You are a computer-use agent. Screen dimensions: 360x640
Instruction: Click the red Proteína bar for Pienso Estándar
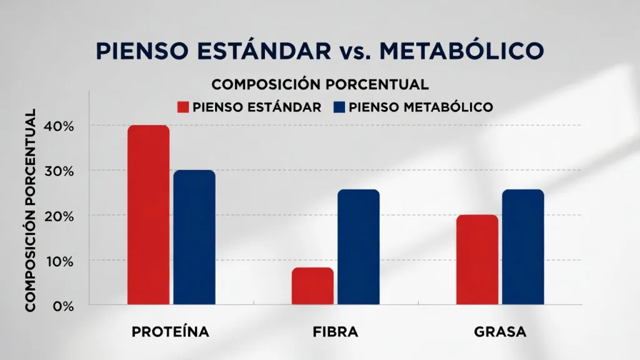148,215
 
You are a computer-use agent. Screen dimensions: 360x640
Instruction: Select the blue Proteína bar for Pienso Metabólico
194,237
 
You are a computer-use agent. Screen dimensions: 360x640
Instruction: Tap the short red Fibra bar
312,286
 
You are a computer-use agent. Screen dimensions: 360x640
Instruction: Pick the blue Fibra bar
359,247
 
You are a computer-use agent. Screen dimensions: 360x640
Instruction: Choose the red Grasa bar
477,260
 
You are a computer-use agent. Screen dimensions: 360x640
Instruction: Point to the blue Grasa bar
523,247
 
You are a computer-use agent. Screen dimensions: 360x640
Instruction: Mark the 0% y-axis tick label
62,306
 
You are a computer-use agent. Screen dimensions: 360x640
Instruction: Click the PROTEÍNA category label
170,332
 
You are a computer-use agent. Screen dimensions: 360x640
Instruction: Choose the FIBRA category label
335,332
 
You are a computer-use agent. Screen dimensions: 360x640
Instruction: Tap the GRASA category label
500,332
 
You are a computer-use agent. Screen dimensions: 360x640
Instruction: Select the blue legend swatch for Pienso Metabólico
339,107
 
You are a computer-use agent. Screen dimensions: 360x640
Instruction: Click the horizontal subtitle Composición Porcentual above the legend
320,84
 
